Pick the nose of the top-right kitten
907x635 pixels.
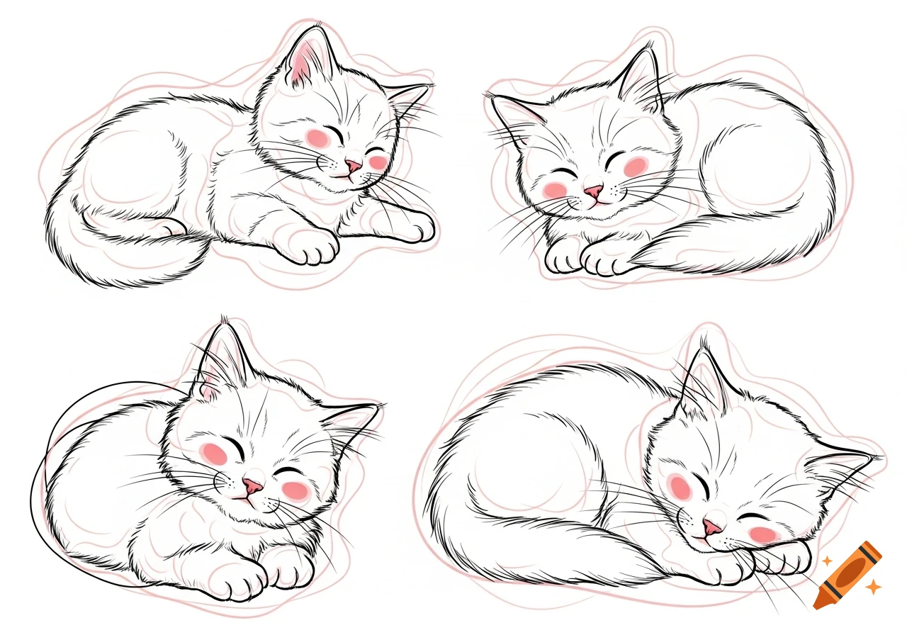tap(594, 191)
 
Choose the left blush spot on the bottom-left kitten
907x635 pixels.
tap(215, 452)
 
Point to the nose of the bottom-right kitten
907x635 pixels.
tap(711, 527)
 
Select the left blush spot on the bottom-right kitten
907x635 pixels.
tap(679, 486)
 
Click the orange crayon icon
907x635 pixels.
tap(847, 575)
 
